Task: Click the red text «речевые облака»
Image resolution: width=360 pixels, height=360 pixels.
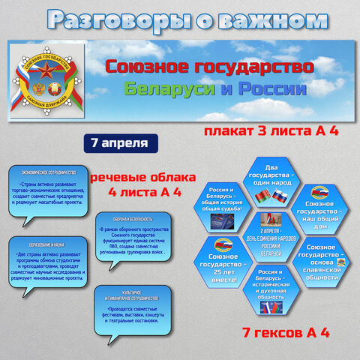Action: click(x=135, y=179)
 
